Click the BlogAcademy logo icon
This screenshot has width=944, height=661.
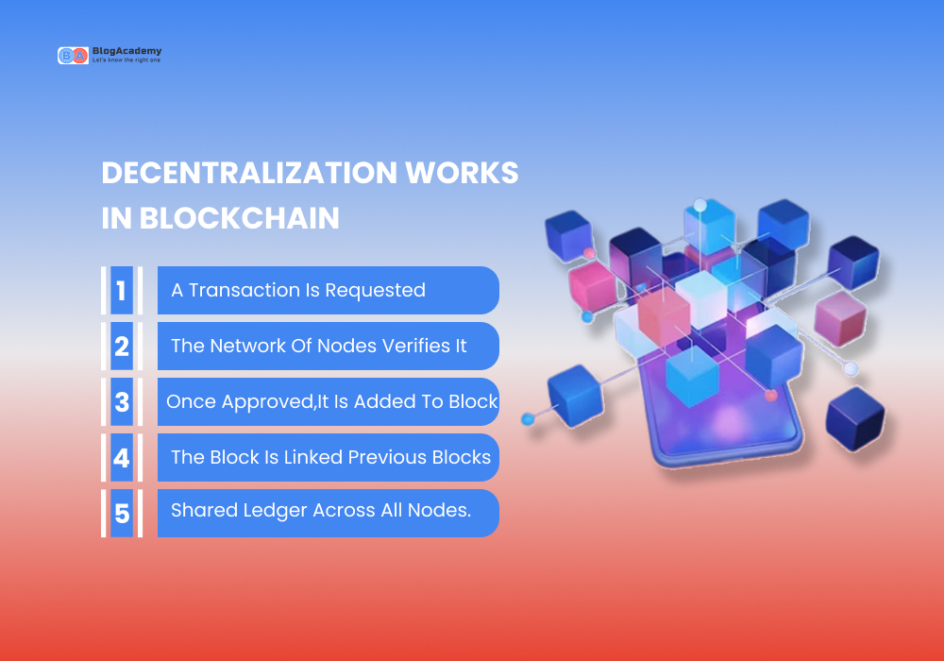[x=73, y=56]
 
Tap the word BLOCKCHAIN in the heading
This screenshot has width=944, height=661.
[x=240, y=218]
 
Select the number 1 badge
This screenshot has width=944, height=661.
[x=121, y=290]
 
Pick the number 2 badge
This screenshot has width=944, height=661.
[x=121, y=346]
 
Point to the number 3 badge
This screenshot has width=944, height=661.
[x=121, y=401]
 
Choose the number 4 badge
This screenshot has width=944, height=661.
[x=121, y=458]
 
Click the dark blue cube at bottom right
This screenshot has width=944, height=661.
[x=854, y=418]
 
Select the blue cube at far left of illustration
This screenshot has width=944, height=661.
[x=574, y=393]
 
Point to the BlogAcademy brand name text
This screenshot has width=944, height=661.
[x=126, y=51]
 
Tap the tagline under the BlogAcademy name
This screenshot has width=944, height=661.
[x=126, y=61]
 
